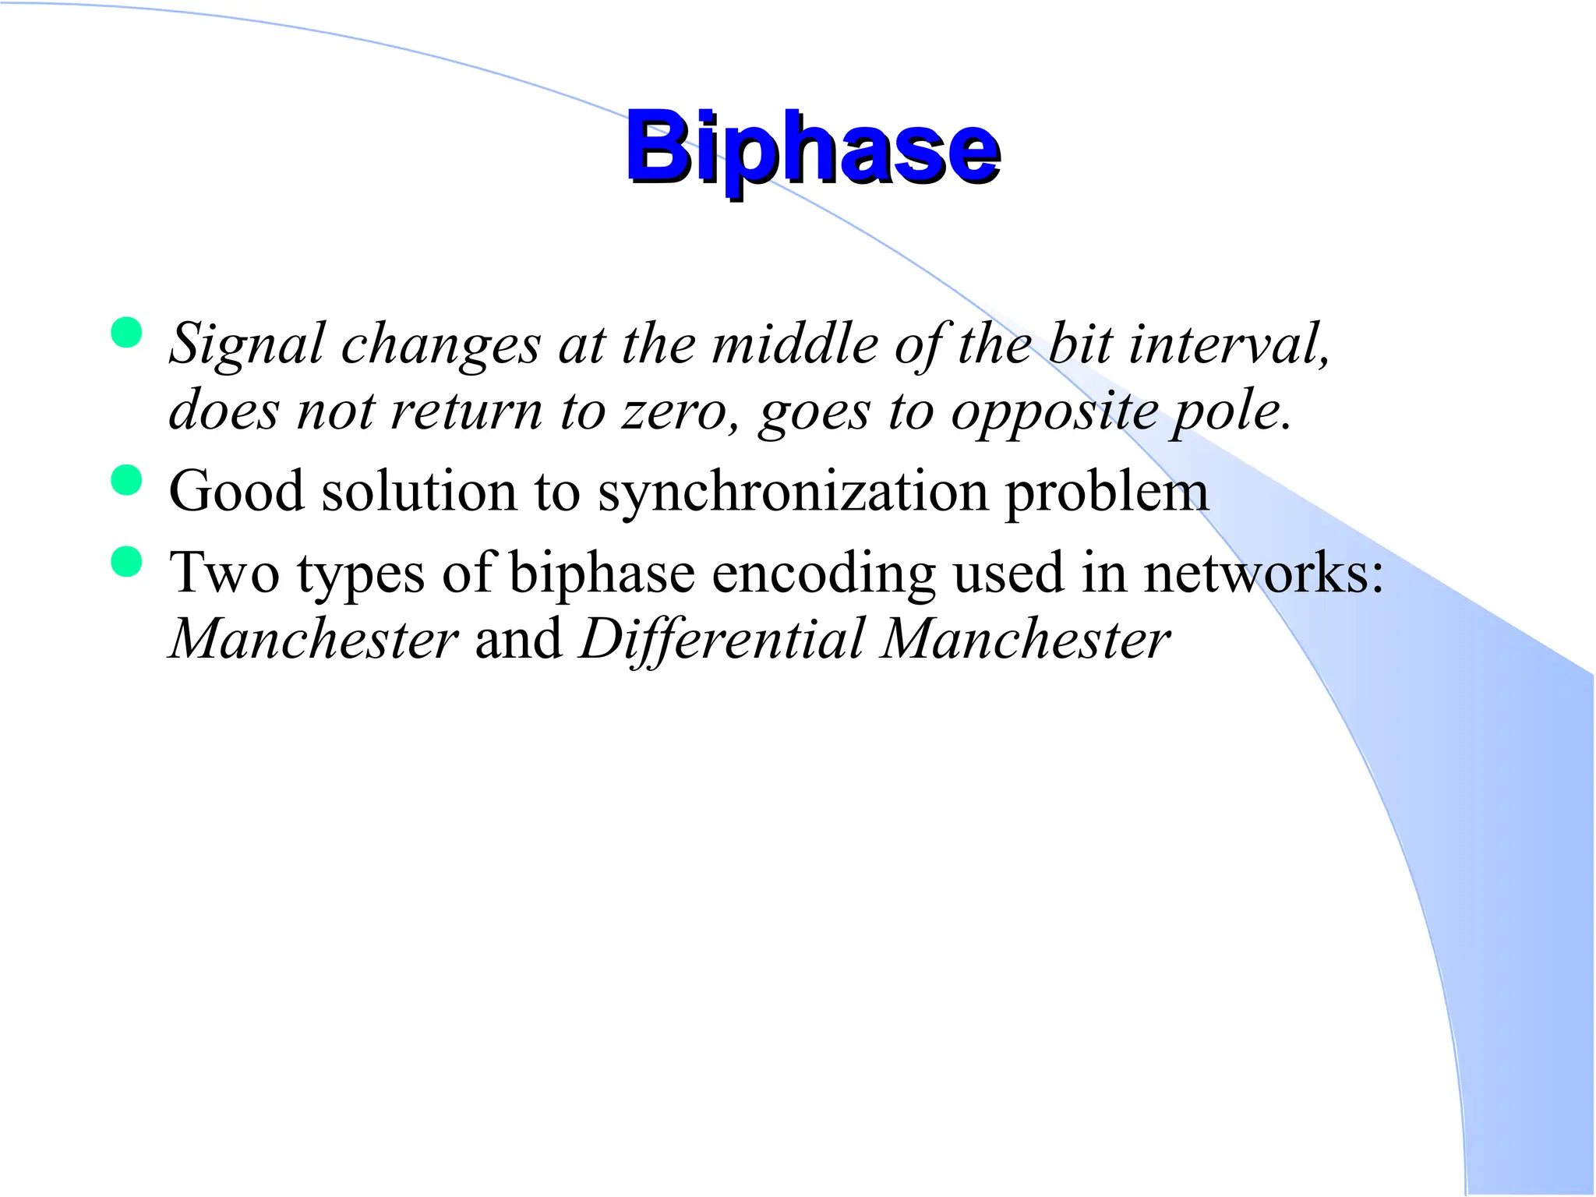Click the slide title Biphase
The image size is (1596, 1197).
point(812,147)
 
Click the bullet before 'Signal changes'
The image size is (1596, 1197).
point(126,333)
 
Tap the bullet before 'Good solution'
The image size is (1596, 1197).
point(126,480)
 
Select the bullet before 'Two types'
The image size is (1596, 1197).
point(126,562)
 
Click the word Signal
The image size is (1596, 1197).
point(246,344)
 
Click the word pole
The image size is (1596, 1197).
point(1227,411)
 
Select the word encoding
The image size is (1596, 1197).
point(823,575)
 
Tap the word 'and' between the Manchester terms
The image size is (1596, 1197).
point(518,639)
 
